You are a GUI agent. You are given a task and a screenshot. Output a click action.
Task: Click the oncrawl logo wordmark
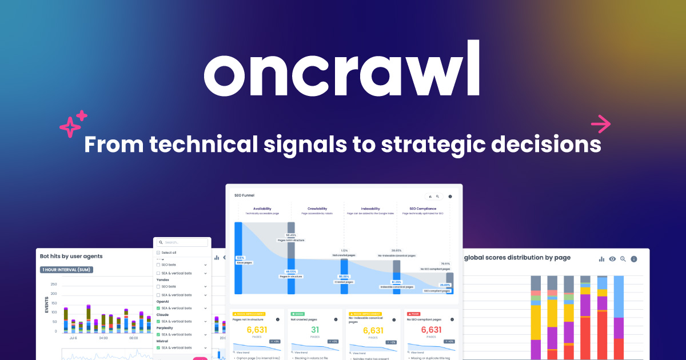point(342,70)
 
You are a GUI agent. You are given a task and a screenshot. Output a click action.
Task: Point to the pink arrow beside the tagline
point(600,123)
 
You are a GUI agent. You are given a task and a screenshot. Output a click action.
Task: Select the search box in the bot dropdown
point(182,242)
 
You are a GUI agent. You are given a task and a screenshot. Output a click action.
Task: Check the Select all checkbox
point(158,253)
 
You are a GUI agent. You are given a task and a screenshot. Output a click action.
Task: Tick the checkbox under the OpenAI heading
point(158,308)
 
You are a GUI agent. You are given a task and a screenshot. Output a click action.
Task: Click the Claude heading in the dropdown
point(163,315)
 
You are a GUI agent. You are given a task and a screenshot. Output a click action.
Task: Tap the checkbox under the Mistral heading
point(158,347)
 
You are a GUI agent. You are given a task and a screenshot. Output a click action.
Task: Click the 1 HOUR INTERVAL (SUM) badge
point(66,270)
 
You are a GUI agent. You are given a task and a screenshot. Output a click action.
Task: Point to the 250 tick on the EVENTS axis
point(54,284)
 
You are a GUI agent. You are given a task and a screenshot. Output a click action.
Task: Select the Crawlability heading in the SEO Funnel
point(317,209)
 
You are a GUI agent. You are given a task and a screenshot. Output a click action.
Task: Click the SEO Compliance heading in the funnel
point(423,209)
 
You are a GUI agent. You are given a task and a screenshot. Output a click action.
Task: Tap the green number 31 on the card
point(315,330)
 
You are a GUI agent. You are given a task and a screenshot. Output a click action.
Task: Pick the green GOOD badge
point(298,314)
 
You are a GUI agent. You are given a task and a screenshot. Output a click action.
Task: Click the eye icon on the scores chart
point(612,259)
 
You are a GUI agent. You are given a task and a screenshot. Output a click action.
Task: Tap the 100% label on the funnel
point(239,258)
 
